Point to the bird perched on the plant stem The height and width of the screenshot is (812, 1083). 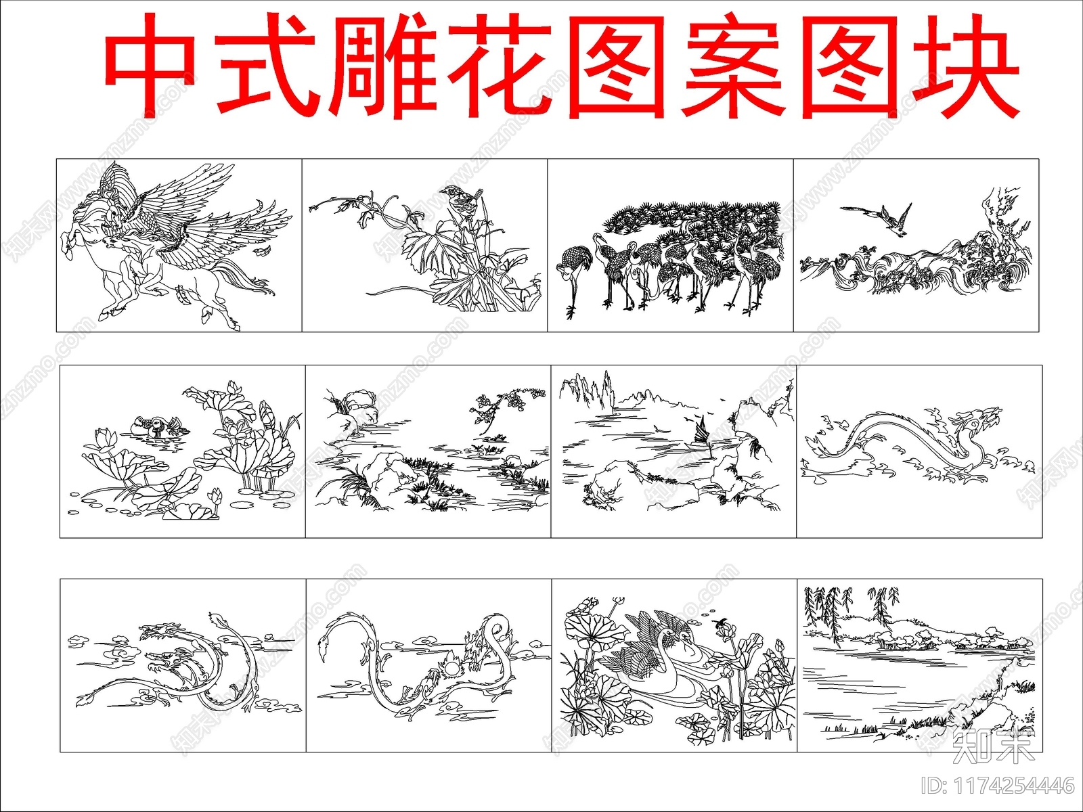[x=459, y=200]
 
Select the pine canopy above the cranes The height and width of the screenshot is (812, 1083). [x=697, y=217]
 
